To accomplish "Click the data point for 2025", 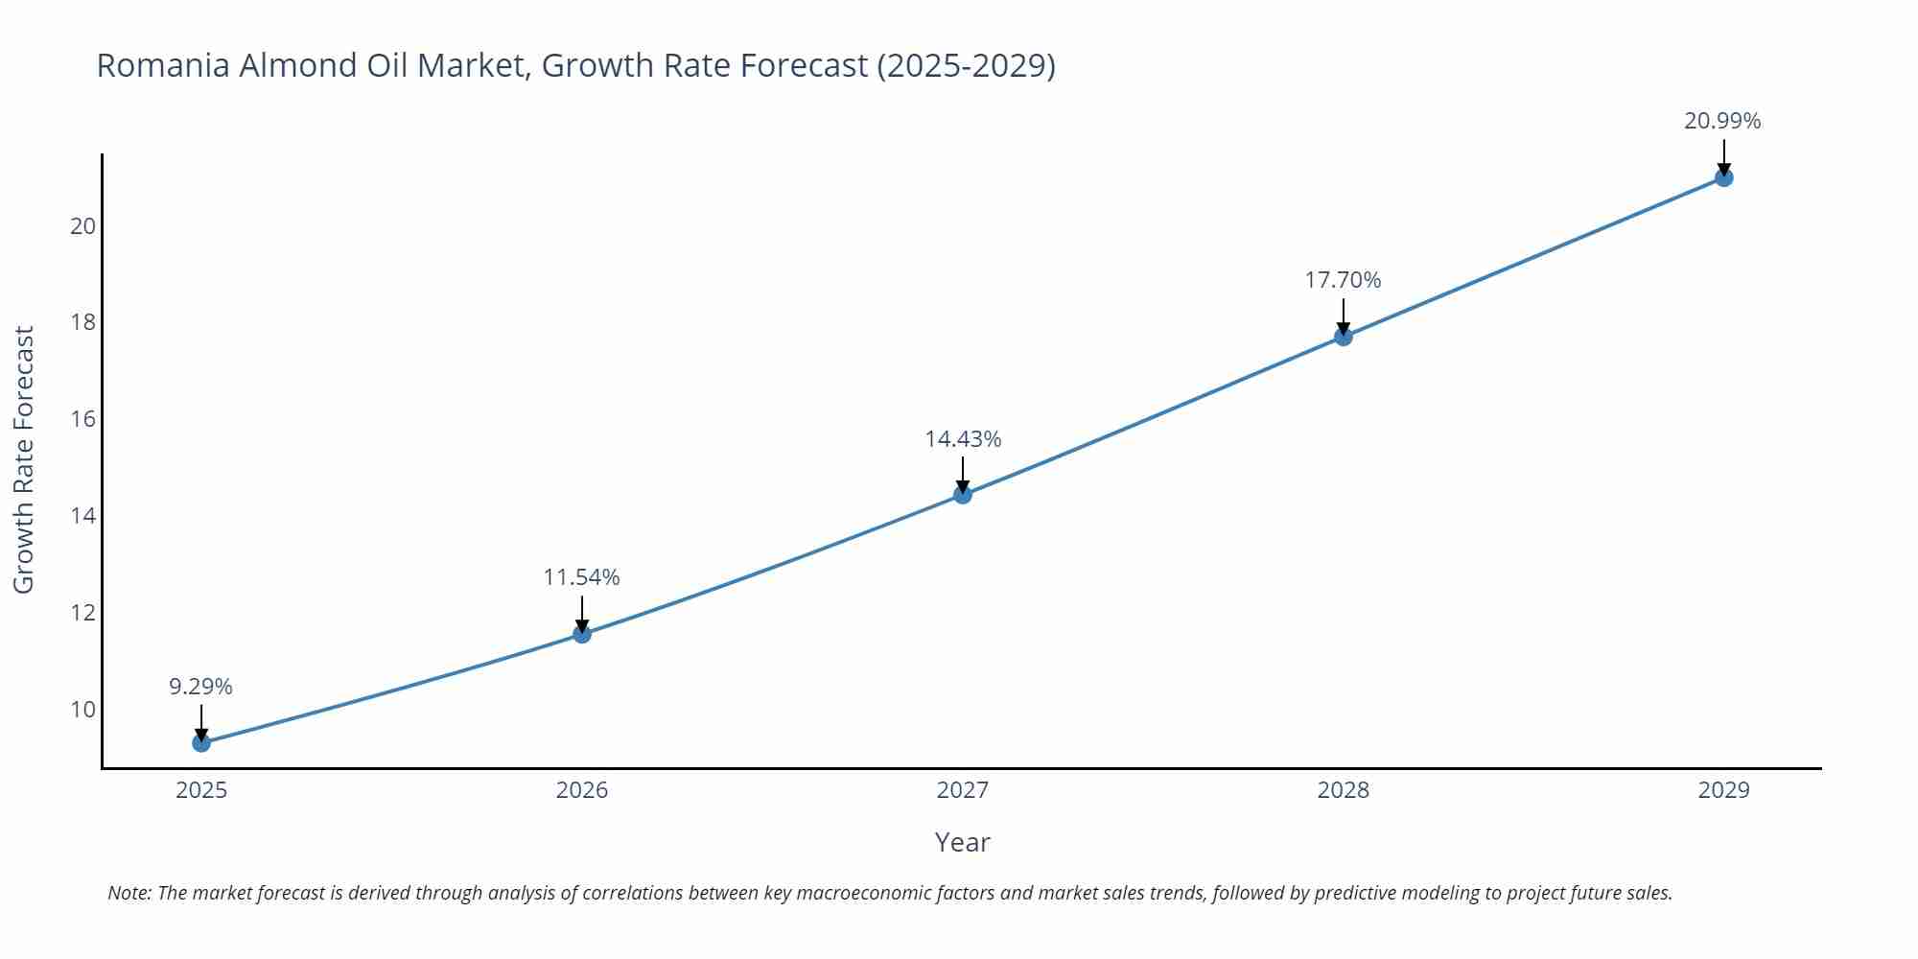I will (x=201, y=742).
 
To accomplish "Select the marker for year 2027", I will (x=963, y=494).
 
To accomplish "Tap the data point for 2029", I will (x=1723, y=177).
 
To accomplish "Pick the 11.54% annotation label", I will (x=581, y=577).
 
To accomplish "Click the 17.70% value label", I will (x=1343, y=280).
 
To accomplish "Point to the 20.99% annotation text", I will (x=1722, y=121).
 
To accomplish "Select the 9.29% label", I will (x=200, y=687).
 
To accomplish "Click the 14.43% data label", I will (x=963, y=439).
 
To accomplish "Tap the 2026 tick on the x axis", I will (x=582, y=790).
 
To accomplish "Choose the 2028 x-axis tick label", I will (x=1343, y=790).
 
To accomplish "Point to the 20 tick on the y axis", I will (x=83, y=226).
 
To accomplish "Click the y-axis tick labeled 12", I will (x=83, y=613).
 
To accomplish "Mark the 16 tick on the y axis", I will (x=83, y=419).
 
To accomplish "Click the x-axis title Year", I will (x=962, y=842).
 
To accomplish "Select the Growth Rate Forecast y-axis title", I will (x=24, y=459).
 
